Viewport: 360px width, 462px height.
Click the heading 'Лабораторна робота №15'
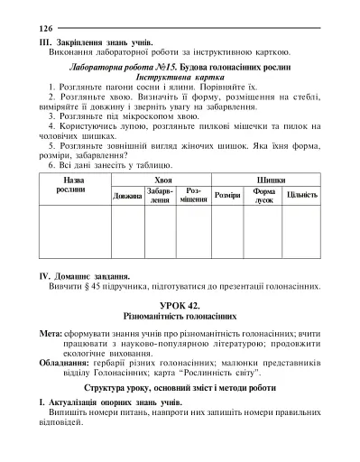click(128, 69)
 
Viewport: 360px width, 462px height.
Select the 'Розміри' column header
click(226, 195)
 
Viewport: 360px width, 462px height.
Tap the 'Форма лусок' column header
click(264, 196)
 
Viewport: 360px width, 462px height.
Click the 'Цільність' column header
click(301, 195)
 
